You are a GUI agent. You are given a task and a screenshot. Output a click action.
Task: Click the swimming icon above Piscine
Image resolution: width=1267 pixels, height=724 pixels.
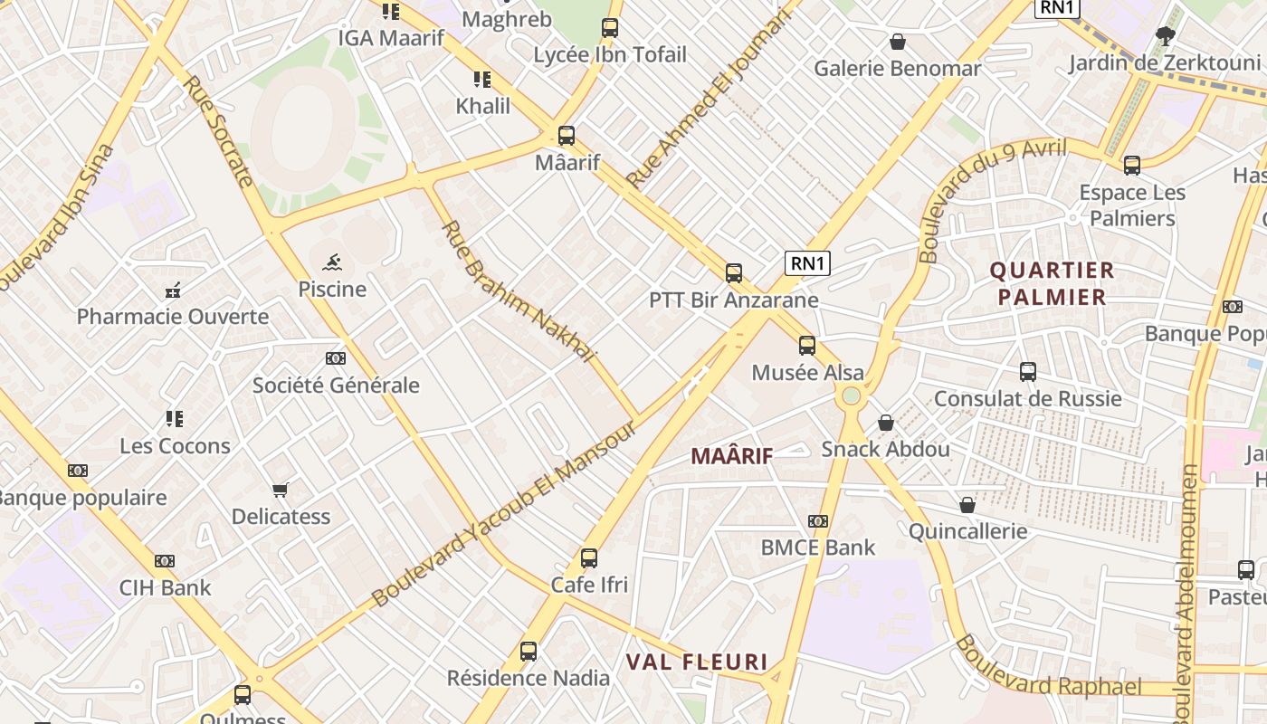(332, 263)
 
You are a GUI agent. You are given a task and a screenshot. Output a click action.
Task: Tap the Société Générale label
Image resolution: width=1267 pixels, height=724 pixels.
(336, 385)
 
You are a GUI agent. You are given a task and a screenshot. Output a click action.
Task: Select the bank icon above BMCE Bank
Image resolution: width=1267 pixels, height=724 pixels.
(818, 521)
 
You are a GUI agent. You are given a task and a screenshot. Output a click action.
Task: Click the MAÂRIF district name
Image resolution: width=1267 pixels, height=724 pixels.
(732, 456)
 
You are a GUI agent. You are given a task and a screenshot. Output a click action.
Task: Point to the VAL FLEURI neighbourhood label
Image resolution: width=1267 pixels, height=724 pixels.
(697, 662)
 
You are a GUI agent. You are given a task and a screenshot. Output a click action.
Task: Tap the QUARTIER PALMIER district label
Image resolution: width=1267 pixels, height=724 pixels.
(1051, 283)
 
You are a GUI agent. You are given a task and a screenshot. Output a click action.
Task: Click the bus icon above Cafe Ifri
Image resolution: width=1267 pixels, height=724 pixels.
(589, 557)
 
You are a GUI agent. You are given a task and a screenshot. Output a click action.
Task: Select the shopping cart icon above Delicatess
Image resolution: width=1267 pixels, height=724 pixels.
(281, 490)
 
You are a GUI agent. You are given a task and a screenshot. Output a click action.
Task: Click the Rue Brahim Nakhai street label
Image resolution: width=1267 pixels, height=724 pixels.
(519, 291)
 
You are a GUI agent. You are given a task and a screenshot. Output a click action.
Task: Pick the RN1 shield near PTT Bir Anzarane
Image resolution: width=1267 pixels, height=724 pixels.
(807, 263)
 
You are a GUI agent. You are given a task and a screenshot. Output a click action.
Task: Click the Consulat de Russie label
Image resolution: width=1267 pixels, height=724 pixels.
(1027, 398)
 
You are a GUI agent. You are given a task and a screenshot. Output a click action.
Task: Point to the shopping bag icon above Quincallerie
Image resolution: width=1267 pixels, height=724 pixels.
(967, 505)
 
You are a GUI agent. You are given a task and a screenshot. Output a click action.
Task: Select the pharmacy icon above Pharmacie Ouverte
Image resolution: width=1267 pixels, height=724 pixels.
(172, 291)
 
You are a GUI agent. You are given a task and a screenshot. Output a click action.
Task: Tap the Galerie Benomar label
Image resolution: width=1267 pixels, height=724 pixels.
(897, 69)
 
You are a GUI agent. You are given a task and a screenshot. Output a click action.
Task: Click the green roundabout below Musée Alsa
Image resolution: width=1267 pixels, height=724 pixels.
(851, 395)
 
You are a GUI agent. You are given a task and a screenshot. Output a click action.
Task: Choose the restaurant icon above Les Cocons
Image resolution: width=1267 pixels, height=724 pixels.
(175, 419)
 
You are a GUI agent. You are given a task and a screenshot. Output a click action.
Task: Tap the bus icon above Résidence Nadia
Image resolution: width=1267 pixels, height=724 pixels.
(529, 651)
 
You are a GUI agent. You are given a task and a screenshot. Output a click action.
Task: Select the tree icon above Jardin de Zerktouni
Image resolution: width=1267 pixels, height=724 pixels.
(1165, 36)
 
